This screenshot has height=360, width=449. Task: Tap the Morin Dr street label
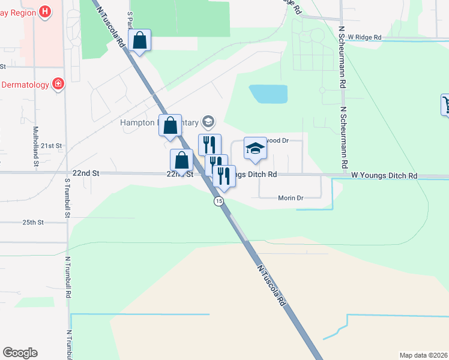[291, 197]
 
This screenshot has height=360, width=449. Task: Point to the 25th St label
[34, 222]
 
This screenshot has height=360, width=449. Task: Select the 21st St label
[52, 146]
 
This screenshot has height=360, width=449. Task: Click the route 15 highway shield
[220, 202]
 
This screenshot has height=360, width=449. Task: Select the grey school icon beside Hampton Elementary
[208, 122]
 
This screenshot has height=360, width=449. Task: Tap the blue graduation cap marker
[255, 149]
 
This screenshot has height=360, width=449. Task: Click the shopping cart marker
[447, 104]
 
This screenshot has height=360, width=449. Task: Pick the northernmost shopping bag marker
[139, 41]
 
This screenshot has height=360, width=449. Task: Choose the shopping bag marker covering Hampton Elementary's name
[170, 125]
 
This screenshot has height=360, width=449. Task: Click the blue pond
[268, 94]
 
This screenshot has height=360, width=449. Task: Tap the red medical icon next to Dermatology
[58, 85]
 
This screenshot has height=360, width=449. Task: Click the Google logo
[20, 353]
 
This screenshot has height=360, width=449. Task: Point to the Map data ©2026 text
[423, 355]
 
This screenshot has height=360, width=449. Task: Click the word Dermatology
[25, 85]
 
